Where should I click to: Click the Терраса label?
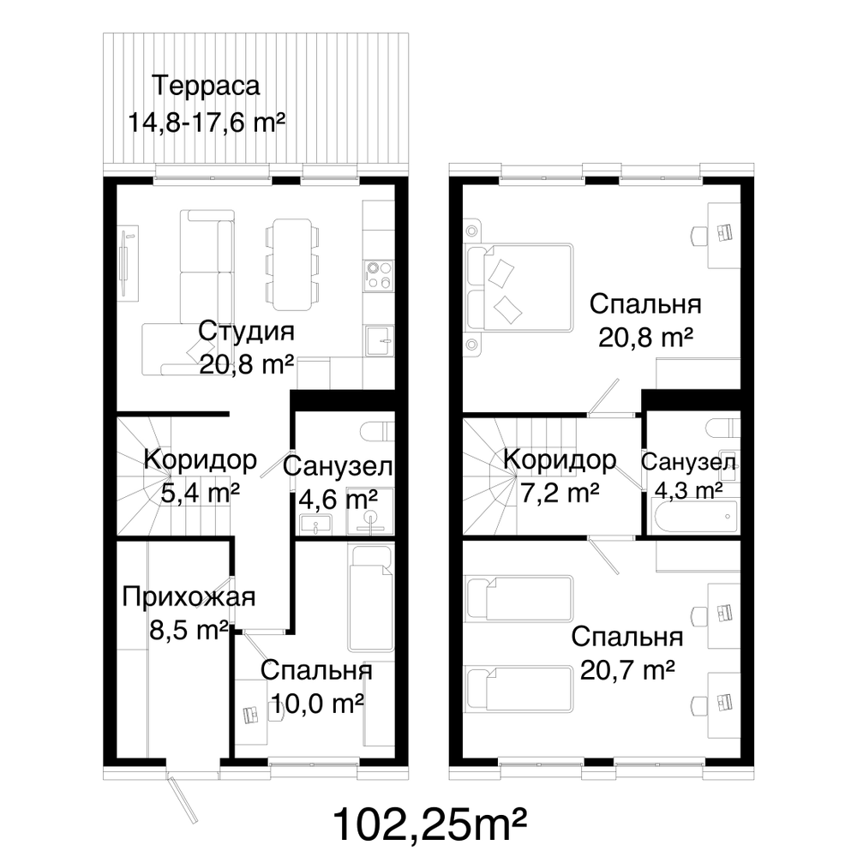tap(206, 86)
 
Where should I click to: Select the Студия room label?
tap(246, 331)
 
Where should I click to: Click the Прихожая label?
tap(189, 596)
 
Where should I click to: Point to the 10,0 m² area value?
tap(318, 703)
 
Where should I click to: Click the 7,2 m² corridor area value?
tap(560, 493)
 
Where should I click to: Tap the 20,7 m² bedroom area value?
tap(627, 669)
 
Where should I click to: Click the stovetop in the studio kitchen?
tap(378, 275)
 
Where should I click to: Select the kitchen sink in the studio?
tap(380, 341)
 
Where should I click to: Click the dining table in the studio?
tap(292, 264)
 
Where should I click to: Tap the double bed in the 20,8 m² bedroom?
tap(520, 287)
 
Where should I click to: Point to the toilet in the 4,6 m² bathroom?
tap(378, 431)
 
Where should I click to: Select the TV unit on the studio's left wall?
tap(129, 262)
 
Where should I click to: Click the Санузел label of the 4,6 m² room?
tap(338, 467)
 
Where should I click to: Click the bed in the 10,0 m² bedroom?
tap(371, 599)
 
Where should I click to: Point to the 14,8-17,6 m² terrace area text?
tap(207, 122)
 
